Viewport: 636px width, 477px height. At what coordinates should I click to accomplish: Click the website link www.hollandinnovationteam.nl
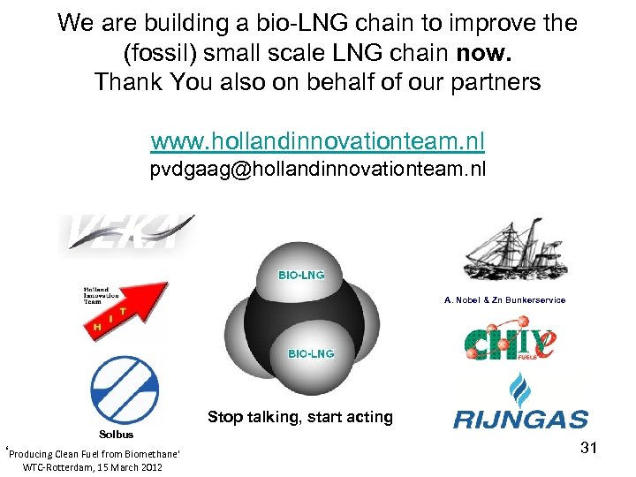point(317,141)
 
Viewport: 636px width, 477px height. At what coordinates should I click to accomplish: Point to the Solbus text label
point(117,434)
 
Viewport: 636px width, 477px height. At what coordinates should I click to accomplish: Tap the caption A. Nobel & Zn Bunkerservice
point(504,300)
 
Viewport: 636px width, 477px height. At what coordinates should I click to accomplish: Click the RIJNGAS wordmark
point(520,419)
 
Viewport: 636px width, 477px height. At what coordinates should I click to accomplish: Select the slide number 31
point(589,449)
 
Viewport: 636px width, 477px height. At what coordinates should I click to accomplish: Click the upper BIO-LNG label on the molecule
point(301,275)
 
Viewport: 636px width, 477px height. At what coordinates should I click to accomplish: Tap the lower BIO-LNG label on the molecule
point(311,353)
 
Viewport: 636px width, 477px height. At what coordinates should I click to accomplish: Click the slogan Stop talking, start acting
point(300,417)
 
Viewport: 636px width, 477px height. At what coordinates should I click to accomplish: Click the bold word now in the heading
point(484,52)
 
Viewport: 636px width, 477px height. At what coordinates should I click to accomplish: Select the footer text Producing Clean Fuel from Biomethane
point(94,453)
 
